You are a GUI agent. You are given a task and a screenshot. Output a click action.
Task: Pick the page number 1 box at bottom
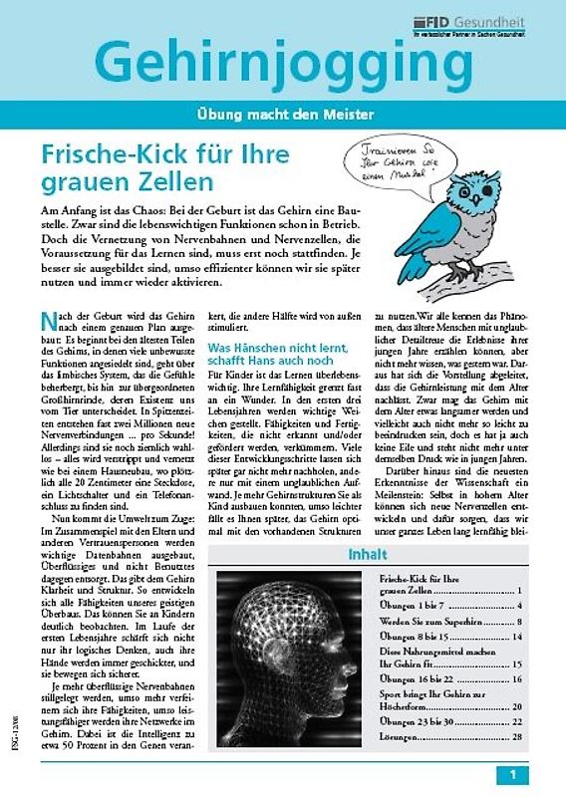(x=512, y=774)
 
